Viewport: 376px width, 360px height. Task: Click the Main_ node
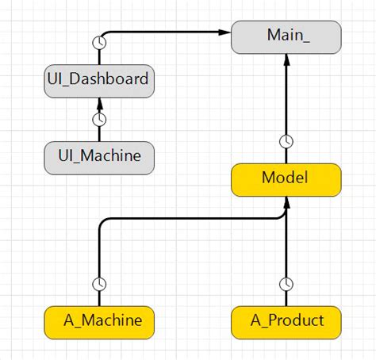(286, 37)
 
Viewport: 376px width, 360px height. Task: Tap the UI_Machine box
(98, 156)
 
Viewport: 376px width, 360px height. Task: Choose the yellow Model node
(286, 179)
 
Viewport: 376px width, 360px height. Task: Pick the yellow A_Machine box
(98, 321)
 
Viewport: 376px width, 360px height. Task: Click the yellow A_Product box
(286, 321)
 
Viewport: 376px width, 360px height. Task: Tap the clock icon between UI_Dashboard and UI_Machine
(99, 120)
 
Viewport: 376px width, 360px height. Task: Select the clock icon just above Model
(286, 142)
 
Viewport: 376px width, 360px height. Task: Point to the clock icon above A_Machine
(100, 284)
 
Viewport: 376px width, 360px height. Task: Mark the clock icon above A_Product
(286, 284)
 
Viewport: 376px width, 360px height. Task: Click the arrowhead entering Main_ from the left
(225, 33)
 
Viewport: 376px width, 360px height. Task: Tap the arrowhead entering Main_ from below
(286, 59)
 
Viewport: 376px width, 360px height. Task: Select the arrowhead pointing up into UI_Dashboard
(99, 101)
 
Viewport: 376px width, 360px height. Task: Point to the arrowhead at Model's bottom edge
(286, 203)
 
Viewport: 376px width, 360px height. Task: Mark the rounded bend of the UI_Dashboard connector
(103, 36)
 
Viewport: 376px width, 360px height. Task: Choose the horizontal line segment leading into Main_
(167, 33)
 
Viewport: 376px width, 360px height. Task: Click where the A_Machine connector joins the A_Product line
(286, 220)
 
